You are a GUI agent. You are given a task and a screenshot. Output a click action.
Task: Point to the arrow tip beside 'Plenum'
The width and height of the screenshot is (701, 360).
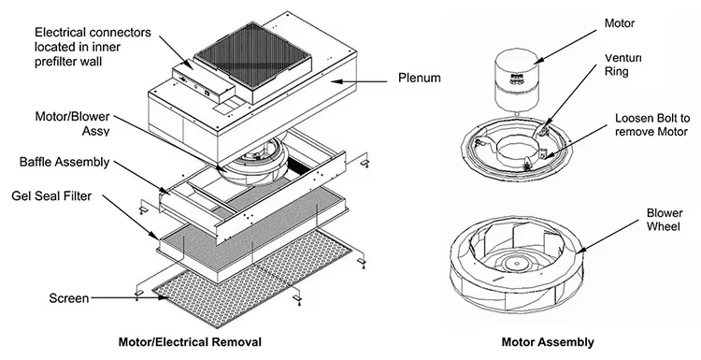340,83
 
